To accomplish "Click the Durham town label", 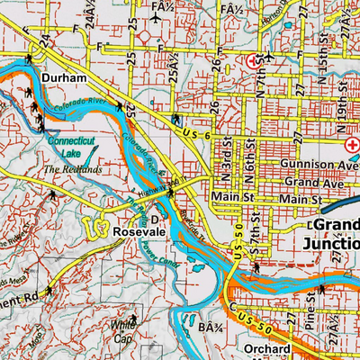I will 63,79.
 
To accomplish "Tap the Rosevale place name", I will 137,231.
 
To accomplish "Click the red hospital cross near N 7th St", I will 253,61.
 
